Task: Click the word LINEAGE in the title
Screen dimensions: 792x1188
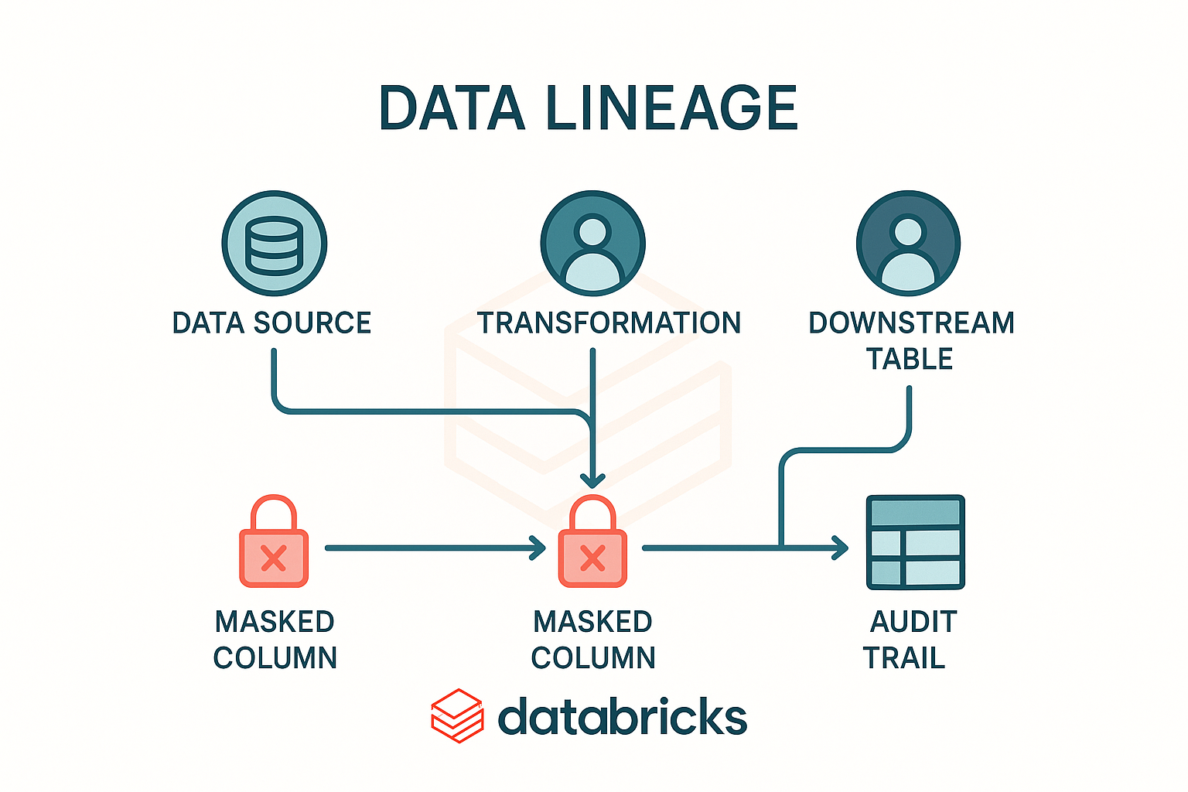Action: point(671,108)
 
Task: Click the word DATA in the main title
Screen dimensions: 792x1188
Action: point(452,108)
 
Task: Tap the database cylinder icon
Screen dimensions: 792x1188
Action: point(274,244)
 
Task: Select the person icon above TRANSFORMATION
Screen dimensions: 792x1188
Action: point(592,244)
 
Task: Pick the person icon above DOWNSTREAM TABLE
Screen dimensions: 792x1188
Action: point(908,244)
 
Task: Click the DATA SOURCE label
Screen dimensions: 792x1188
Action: point(271,323)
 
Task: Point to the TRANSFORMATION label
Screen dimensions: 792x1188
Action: point(609,323)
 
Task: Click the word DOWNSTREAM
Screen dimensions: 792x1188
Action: point(911,323)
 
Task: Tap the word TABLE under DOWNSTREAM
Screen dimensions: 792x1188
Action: point(909,359)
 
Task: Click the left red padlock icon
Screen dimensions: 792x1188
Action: point(274,543)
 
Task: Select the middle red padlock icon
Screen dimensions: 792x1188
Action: point(592,543)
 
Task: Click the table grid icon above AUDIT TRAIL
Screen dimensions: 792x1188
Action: point(915,542)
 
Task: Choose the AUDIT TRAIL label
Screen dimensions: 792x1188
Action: point(909,640)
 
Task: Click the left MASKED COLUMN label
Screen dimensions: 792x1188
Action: point(275,640)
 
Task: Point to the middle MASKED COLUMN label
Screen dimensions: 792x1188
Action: point(593,640)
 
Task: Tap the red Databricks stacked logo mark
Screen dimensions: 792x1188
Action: point(457,715)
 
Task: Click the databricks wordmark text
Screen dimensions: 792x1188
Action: point(623,718)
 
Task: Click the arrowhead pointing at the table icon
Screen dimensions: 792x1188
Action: point(840,548)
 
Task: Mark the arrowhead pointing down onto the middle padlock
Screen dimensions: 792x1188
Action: point(592,480)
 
